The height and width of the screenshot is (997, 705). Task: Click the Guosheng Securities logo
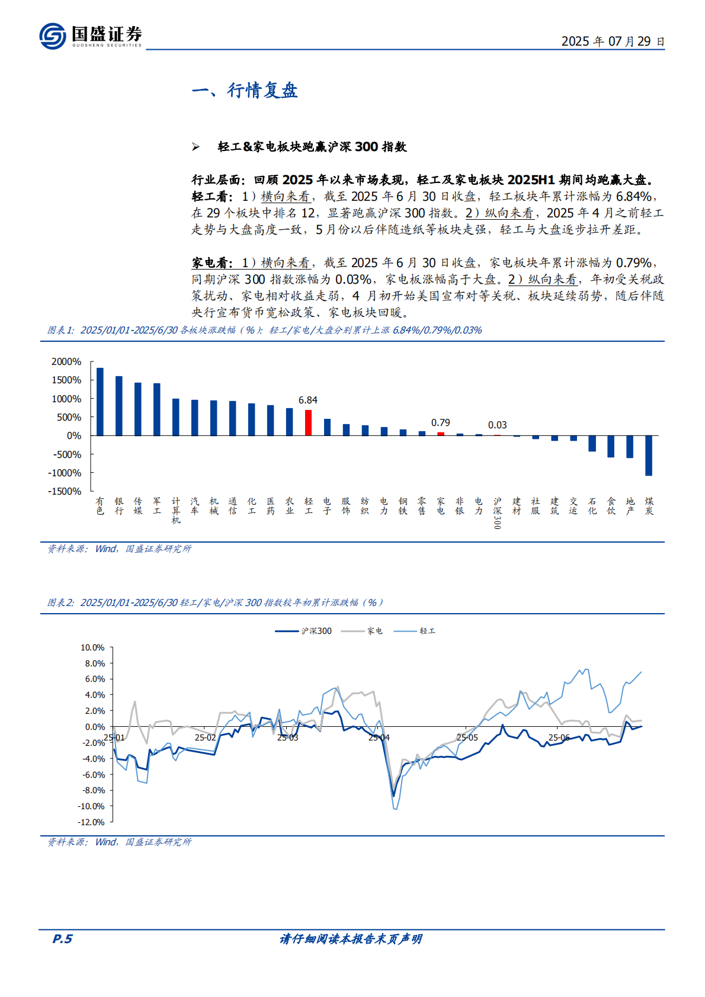point(90,36)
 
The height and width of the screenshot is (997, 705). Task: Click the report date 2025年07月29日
point(613,41)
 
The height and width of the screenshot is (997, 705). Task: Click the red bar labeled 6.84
point(308,422)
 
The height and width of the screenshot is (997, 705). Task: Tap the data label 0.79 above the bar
point(440,422)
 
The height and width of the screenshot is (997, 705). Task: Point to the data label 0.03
point(497,425)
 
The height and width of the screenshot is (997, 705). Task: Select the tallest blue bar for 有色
point(100,402)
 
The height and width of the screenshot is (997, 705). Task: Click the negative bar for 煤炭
point(649,455)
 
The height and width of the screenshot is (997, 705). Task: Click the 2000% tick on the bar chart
point(66,361)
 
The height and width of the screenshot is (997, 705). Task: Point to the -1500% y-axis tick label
point(65,491)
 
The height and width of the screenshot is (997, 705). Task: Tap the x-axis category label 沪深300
point(497,512)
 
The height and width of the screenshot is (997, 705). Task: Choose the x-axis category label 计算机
point(176,510)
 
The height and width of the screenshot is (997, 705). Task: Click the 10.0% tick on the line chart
point(92,647)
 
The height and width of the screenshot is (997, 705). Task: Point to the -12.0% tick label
point(91,822)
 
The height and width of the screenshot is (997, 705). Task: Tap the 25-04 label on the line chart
point(379,738)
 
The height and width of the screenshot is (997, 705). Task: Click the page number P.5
point(62,939)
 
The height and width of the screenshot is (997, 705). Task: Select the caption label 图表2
point(60,602)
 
